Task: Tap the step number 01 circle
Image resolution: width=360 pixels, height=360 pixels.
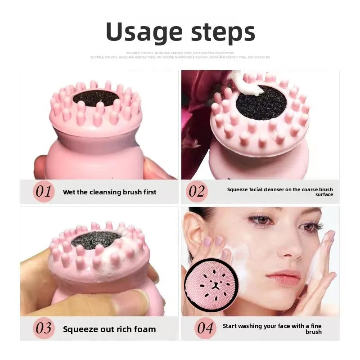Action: tap(44, 192)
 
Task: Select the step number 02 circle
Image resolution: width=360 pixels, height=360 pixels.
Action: tap(197, 192)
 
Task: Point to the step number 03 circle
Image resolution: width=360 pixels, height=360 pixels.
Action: tap(44, 328)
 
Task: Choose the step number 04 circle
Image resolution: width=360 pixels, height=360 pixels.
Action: tap(205, 328)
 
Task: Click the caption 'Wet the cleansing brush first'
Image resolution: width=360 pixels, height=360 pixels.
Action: tap(109, 192)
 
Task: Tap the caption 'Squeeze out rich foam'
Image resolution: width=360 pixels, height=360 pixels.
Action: tap(109, 329)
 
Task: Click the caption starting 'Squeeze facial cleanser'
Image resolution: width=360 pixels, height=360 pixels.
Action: tap(280, 192)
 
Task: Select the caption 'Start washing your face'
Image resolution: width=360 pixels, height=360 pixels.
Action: tap(272, 328)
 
